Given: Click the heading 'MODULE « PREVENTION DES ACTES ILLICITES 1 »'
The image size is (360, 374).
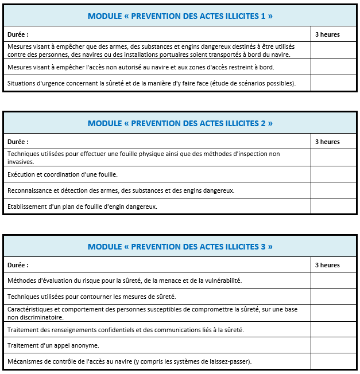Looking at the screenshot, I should click(x=180, y=16).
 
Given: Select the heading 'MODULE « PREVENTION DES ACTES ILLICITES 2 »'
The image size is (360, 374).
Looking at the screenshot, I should click(x=180, y=123).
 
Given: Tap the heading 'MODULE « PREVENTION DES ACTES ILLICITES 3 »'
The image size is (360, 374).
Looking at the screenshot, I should click(x=180, y=247).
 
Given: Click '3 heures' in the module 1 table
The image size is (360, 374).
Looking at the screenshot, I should click(x=327, y=34).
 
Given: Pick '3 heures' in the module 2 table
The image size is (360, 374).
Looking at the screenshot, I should click(x=327, y=142).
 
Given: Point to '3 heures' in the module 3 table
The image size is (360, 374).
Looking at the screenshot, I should click(x=327, y=265).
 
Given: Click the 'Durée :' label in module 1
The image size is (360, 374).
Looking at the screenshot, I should click(x=18, y=34).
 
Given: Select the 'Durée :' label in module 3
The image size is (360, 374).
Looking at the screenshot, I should click(x=18, y=265).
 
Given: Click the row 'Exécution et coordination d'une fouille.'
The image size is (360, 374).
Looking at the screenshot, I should click(x=63, y=174).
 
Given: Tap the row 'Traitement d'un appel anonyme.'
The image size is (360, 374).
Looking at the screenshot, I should click(x=53, y=345).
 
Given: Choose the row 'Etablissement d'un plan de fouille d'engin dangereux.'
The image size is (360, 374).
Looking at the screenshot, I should click(x=82, y=207).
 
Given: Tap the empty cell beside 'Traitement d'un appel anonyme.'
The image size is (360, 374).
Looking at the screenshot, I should click(x=334, y=345).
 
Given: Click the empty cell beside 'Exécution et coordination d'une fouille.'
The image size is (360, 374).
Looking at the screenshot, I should click(x=334, y=174).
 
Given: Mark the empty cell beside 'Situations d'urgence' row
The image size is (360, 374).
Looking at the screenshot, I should click(x=334, y=83).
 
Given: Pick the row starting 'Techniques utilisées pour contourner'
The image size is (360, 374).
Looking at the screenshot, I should click(x=92, y=297).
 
